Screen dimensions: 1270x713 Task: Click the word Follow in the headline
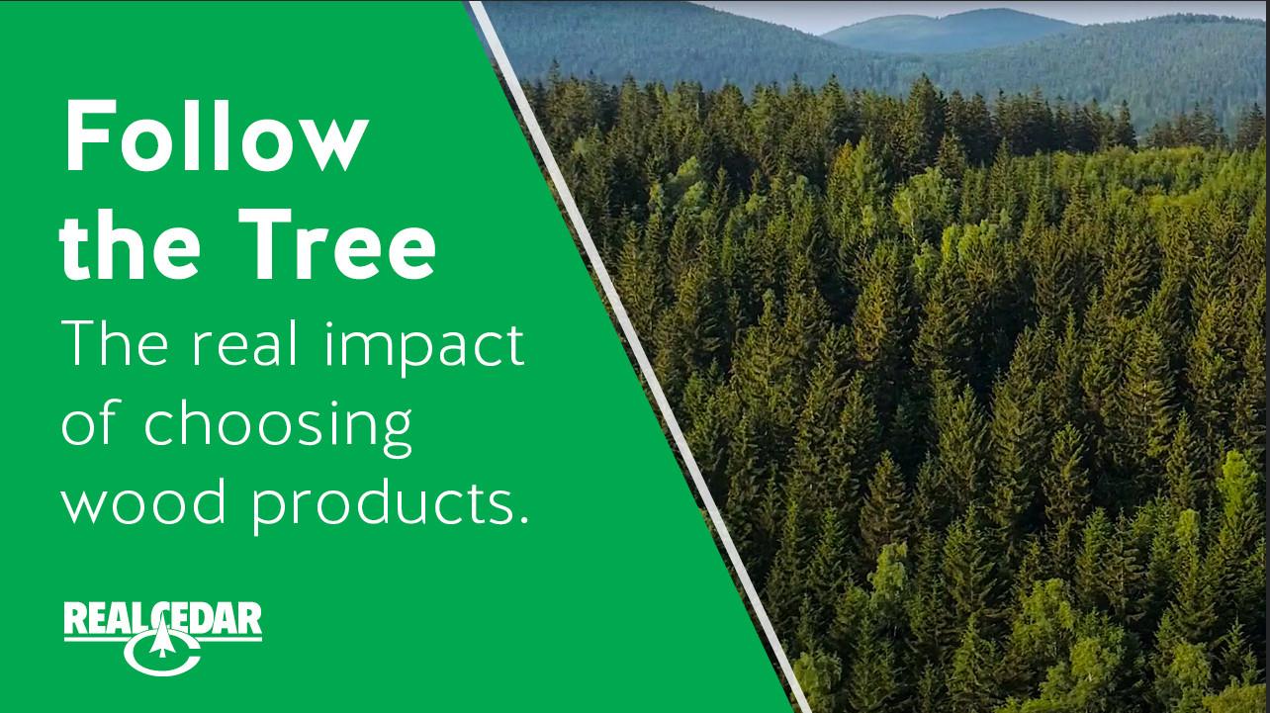(217, 136)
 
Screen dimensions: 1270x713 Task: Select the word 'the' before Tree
(130, 244)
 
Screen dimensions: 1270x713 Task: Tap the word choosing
(278, 428)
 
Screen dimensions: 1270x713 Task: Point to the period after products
(520, 518)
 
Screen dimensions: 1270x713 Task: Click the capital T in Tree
(270, 245)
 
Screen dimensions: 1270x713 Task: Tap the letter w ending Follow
(327, 148)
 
